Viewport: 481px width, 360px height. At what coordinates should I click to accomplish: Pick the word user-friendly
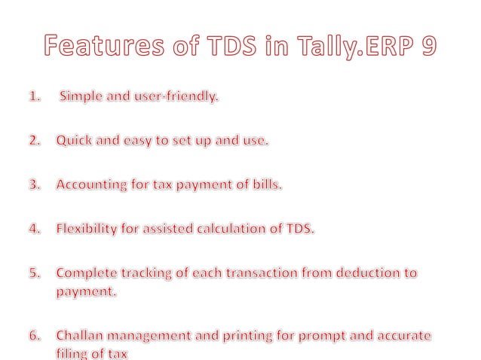click(x=182, y=97)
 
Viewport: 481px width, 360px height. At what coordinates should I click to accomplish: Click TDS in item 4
click(x=299, y=229)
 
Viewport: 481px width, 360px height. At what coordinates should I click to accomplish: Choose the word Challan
click(x=81, y=334)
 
